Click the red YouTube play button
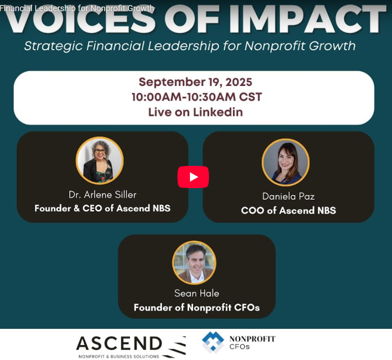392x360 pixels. [193, 177]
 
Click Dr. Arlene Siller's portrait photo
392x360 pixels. [99, 160]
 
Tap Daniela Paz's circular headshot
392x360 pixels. [285, 162]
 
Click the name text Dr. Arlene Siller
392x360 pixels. [102, 194]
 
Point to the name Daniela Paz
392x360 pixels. [288, 196]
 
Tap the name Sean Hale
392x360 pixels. [196, 293]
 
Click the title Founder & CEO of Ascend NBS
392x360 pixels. [102, 208]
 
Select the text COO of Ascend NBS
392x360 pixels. [288, 210]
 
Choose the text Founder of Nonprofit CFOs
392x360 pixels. [196, 308]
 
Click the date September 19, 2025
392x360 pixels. [195, 82]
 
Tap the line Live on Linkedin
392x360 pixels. [195, 112]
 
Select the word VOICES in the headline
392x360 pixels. [79, 20]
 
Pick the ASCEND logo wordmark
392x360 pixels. [119, 344]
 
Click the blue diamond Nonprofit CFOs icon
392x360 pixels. [213, 342]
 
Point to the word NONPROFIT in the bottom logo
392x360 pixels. [252, 339]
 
